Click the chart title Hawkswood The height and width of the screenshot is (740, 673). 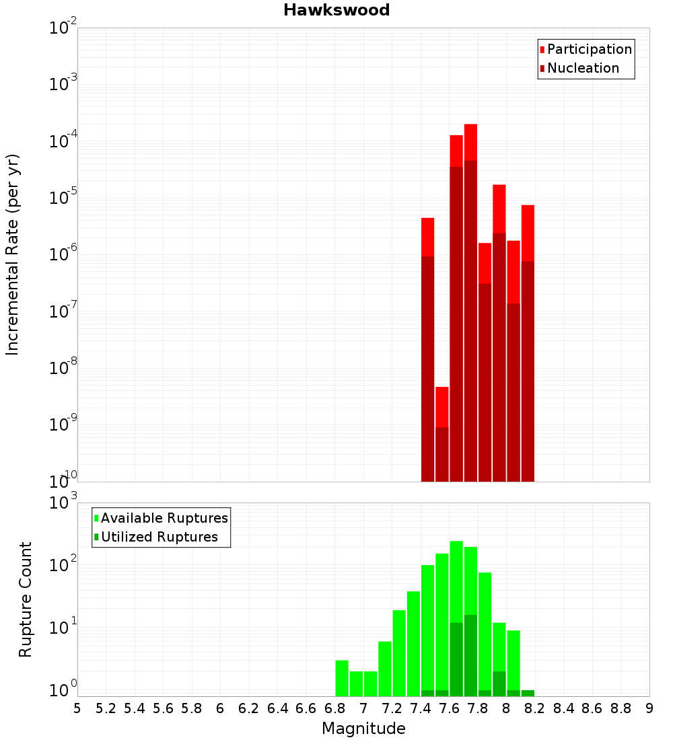coord(336,10)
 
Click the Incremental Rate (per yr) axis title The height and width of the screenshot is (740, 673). coord(13,254)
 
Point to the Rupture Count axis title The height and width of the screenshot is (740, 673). coord(26,599)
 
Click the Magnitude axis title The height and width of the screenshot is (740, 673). coord(363,729)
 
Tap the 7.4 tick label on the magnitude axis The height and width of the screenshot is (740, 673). coord(421,708)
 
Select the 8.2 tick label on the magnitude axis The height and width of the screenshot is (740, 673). coord(535,708)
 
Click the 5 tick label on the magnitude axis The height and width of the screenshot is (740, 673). coord(77,708)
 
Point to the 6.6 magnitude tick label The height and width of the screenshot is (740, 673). coord(306,708)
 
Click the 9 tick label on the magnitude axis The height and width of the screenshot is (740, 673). coord(649,708)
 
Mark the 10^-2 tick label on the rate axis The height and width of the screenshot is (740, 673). coord(64,28)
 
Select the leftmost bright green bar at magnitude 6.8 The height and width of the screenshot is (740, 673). coord(342,678)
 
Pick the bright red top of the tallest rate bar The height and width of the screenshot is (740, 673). coord(470,142)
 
